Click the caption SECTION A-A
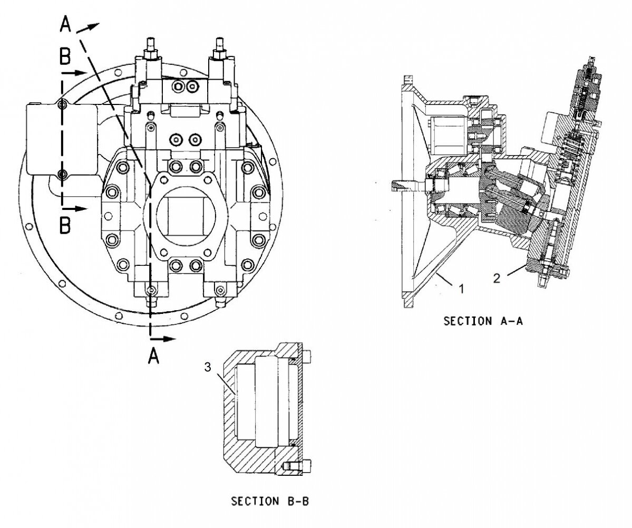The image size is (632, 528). tap(483, 321)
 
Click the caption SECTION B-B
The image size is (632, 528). tap(270, 501)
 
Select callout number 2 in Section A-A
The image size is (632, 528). tap(497, 278)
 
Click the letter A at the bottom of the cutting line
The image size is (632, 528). tap(153, 357)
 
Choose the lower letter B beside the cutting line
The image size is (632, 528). tap(64, 226)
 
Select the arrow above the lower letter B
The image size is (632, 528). tap(76, 208)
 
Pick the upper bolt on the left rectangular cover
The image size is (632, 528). tap(62, 105)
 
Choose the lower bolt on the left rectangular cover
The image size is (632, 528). tap(62, 174)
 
